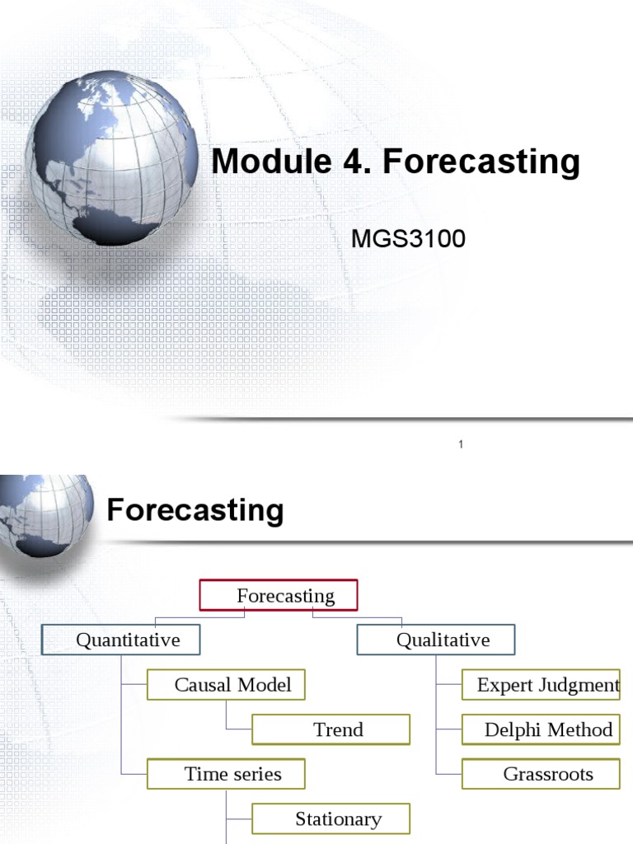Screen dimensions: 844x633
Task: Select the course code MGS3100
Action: coord(409,239)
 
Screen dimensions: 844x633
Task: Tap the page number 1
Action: coord(462,445)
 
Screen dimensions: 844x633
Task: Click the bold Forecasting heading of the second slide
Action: coord(195,511)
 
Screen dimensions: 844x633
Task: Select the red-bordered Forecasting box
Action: coord(279,596)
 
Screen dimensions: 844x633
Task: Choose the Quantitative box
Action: coord(121,640)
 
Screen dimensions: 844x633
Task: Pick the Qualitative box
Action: coord(435,640)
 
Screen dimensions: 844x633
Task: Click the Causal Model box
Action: coord(226,685)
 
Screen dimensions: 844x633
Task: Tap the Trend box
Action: coord(331,729)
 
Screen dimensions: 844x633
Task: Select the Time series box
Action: coord(226,774)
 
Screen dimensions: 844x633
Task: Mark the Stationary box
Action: coord(331,818)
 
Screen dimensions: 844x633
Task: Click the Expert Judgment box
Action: coord(541,685)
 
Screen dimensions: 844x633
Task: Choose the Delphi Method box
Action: coord(541,729)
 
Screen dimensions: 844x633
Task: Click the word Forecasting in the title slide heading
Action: coord(482,162)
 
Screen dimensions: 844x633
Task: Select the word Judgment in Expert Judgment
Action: coord(579,685)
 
